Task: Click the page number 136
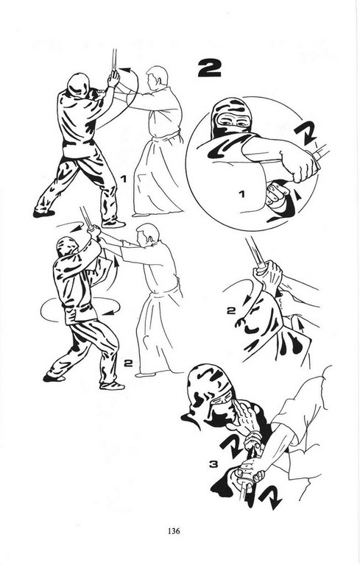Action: (x=174, y=530)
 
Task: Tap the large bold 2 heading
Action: (x=209, y=68)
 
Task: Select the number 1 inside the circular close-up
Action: (x=241, y=194)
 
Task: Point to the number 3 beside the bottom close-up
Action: (x=214, y=465)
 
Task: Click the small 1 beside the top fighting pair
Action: (x=124, y=178)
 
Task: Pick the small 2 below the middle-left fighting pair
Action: (x=128, y=363)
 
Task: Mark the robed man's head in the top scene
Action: (x=157, y=77)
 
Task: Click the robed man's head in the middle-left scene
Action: (x=147, y=235)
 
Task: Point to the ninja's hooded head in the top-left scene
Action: (x=79, y=85)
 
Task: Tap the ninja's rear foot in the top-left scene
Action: (x=43, y=213)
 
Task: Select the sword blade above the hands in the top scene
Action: (x=114, y=60)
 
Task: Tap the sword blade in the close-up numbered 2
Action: (x=254, y=252)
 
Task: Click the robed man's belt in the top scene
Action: (x=166, y=137)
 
